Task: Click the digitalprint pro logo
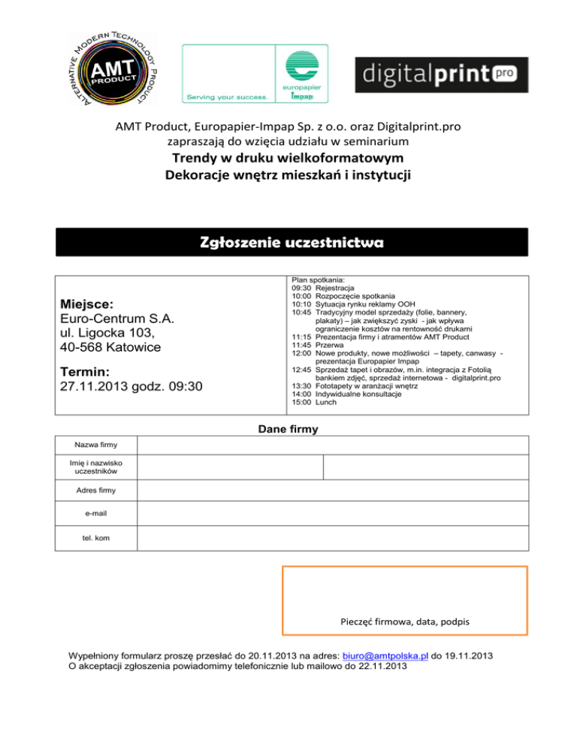point(441,76)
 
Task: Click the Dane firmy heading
point(288,430)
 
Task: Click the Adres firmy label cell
point(96,491)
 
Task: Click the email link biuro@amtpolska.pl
point(381,655)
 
